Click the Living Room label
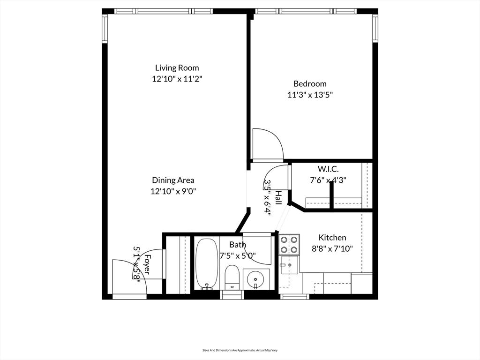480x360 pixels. (177, 67)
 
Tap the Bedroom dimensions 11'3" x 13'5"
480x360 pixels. (310, 95)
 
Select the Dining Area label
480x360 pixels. (173, 180)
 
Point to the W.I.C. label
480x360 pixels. (328, 169)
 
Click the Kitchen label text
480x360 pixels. (332, 238)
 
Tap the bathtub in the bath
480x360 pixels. (207, 264)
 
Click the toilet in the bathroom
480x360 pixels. (232, 277)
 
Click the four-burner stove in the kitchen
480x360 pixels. (289, 244)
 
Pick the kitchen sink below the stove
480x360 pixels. (289, 265)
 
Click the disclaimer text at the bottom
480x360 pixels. (240, 350)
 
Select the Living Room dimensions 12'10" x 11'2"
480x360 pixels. (177, 79)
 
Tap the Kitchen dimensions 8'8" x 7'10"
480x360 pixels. (332, 248)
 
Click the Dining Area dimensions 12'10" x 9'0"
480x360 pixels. (173, 192)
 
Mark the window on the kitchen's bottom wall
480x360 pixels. (294, 297)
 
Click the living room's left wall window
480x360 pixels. (105, 29)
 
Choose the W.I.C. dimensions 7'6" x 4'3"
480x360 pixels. (328, 180)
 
